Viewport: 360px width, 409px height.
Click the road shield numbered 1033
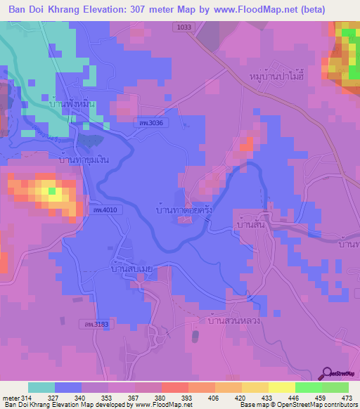184,26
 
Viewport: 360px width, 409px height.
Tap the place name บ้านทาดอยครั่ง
184,209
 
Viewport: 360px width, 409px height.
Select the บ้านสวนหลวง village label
235,320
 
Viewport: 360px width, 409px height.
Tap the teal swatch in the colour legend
41,387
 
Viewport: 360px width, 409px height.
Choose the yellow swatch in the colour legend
281,387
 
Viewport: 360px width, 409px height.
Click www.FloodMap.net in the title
258,11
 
